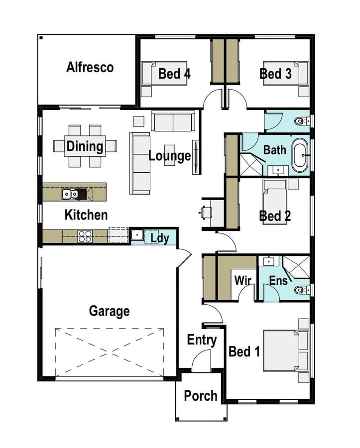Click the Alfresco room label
click(90, 67)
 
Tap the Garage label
click(109, 311)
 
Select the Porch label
click(201, 396)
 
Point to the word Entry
click(202, 340)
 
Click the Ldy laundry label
click(159, 238)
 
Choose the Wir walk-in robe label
click(242, 280)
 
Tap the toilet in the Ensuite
click(301, 290)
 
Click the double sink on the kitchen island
click(70, 194)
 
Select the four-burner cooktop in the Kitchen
click(85, 236)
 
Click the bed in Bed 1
click(286, 350)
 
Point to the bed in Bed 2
click(274, 202)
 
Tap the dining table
click(85, 146)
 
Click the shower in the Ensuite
click(296, 267)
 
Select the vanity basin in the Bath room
click(277, 171)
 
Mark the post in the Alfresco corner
click(41, 38)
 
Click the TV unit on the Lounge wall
click(196, 157)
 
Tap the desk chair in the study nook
click(206, 212)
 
